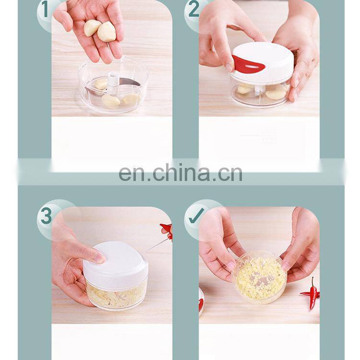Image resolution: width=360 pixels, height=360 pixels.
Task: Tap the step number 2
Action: click(194, 10)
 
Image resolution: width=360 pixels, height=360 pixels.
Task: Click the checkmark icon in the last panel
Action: click(196, 216)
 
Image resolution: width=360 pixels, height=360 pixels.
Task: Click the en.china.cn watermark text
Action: click(180, 172)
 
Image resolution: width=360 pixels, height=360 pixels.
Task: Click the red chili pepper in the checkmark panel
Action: click(311, 293)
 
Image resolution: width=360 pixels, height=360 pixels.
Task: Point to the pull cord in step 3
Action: click(155, 246)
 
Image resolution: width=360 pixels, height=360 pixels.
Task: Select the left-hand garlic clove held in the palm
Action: click(92, 27)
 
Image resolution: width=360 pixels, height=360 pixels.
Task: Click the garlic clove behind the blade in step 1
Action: click(101, 84)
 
